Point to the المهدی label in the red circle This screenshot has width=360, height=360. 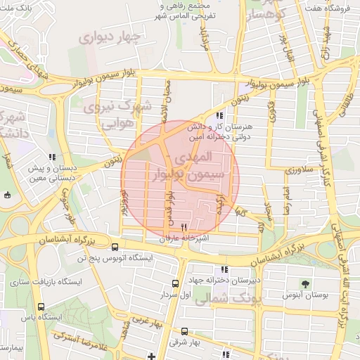click(x=206, y=155)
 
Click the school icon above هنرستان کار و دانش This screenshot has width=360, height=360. click(x=220, y=115)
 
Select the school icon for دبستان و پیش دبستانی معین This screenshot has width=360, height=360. click(x=51, y=157)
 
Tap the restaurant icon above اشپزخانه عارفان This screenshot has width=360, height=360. click(x=184, y=227)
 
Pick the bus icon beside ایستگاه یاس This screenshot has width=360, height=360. click(x=41, y=307)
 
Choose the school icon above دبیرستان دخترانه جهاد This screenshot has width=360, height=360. click(x=224, y=269)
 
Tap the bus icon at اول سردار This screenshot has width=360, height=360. click(x=175, y=283)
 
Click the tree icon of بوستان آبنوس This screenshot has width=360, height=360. click(x=305, y=283)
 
